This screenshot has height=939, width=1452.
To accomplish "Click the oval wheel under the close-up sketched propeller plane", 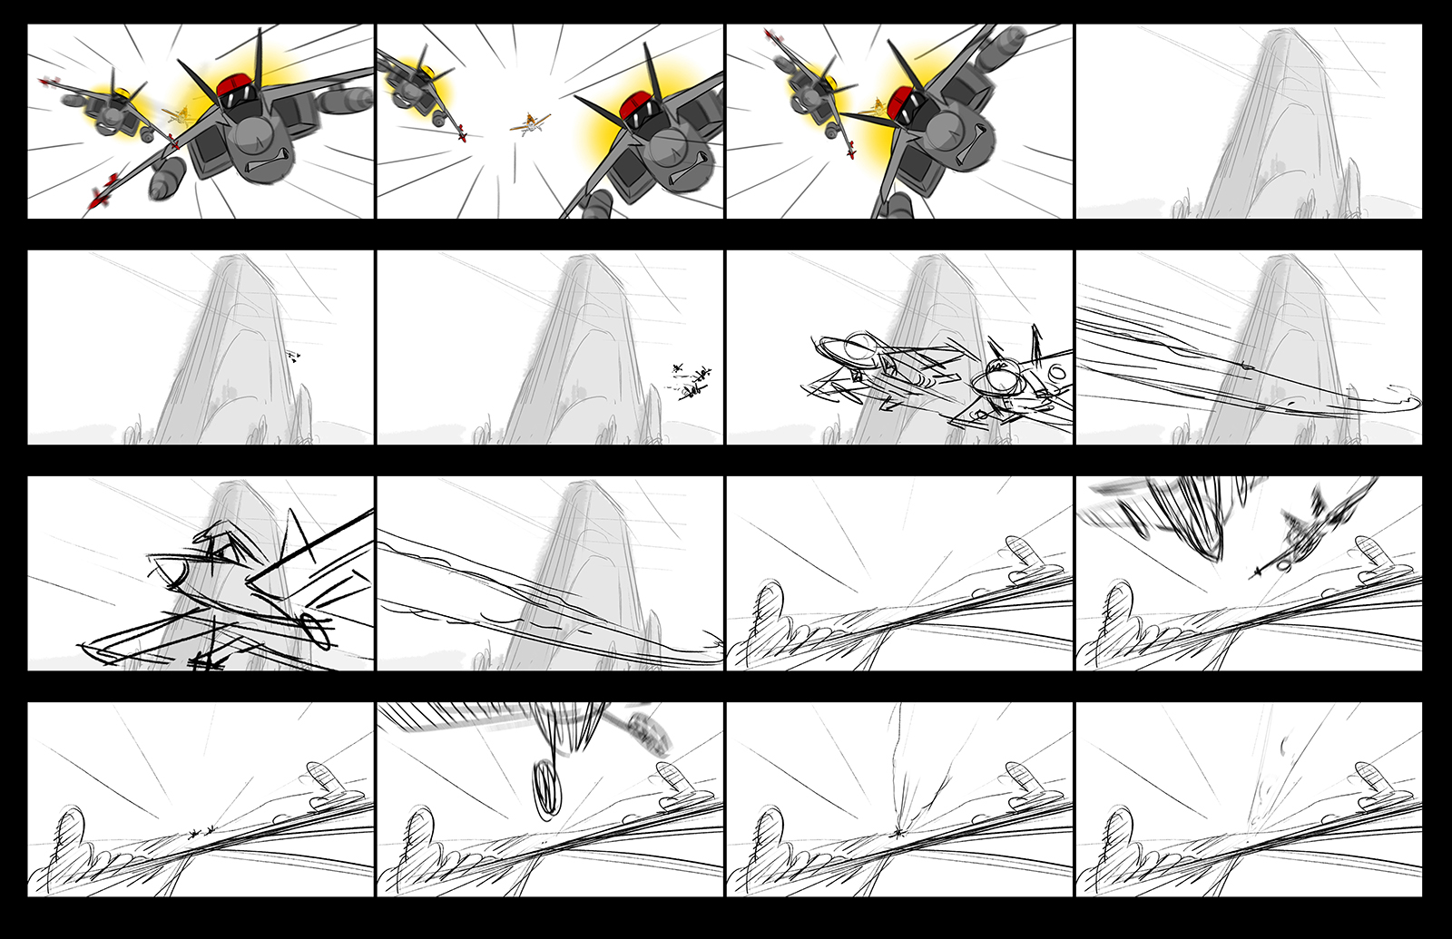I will [317, 627].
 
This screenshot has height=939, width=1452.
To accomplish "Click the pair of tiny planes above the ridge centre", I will [201, 829].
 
